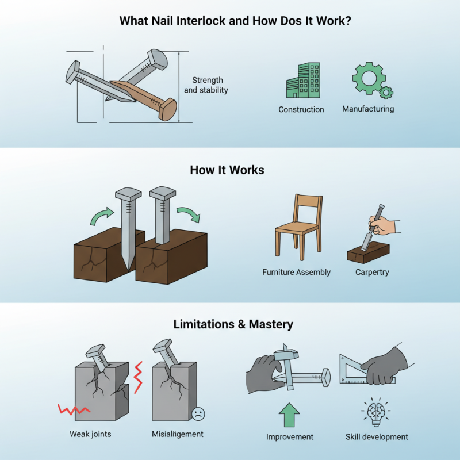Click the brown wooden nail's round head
coord(168,109)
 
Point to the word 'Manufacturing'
coord(368,108)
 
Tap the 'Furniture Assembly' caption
coord(296,272)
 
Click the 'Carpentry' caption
coord(372,272)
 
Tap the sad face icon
coord(198,413)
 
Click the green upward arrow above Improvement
coord(289,413)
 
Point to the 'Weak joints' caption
coord(90,434)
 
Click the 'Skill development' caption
coord(377,437)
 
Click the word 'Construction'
coord(301,109)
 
